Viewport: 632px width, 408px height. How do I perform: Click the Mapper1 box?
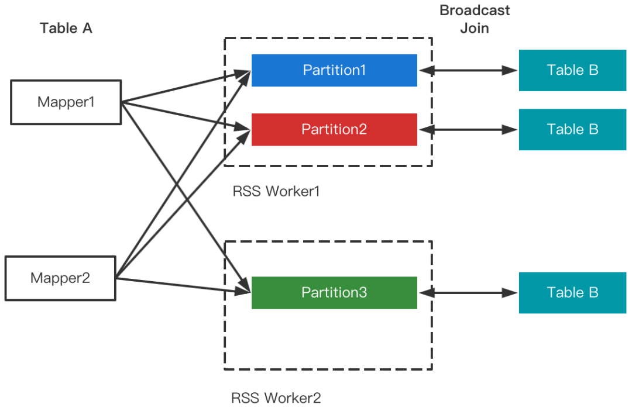pyautogui.click(x=66, y=102)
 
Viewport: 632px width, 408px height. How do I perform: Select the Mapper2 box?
pyautogui.click(x=60, y=278)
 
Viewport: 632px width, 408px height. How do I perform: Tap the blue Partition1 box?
pyautogui.click(x=334, y=70)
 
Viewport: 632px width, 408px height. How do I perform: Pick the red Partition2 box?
pyautogui.click(x=334, y=129)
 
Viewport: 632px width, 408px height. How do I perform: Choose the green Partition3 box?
pyautogui.click(x=334, y=292)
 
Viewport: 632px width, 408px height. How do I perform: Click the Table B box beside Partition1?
pyautogui.click(x=572, y=70)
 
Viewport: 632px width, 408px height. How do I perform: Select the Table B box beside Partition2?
pyautogui.click(x=572, y=129)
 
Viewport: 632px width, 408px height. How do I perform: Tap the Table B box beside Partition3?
pyautogui.click(x=572, y=292)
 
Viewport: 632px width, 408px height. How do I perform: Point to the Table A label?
pyautogui.click(x=66, y=27)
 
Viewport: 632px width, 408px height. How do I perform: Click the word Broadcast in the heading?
pyautogui.click(x=475, y=10)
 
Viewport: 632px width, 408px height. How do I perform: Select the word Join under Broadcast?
pyautogui.click(x=475, y=27)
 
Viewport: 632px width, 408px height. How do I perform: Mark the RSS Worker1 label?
pyautogui.click(x=276, y=191)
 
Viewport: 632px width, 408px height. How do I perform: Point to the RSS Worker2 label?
pyautogui.click(x=276, y=398)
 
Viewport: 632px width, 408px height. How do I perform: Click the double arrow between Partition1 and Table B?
pyautogui.click(x=468, y=71)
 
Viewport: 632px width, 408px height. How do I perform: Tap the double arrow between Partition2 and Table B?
pyautogui.click(x=468, y=129)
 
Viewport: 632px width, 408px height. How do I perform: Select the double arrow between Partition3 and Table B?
pyautogui.click(x=468, y=292)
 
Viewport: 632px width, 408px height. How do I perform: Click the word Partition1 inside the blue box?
pyautogui.click(x=334, y=70)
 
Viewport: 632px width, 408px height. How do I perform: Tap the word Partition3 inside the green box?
pyautogui.click(x=334, y=292)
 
